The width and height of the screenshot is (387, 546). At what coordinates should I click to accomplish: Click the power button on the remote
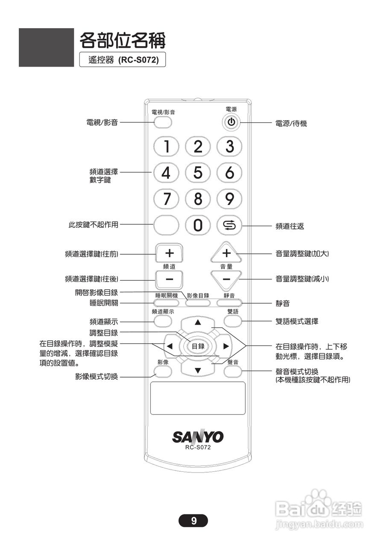pos(231,122)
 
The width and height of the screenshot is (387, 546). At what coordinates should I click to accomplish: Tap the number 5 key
pos(198,173)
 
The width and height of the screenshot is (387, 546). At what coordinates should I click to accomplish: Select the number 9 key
pos(229,198)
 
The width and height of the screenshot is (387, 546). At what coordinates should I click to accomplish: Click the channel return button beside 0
pos(229,225)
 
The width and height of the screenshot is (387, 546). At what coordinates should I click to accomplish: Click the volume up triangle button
pos(226,253)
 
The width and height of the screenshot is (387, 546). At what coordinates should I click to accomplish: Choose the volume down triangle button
pos(226,278)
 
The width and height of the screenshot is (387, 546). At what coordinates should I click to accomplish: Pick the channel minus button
pos(169,279)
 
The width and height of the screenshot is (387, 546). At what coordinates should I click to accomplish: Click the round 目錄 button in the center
pos(197,346)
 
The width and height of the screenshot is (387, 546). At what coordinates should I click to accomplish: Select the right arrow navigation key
pos(226,346)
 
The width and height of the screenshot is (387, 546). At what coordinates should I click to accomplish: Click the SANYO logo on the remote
pos(198,436)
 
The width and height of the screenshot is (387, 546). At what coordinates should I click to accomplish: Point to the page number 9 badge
pos(193,520)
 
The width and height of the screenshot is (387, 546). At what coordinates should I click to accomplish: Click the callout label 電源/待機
pos(291,124)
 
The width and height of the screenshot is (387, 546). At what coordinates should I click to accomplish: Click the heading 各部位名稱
pos(122,41)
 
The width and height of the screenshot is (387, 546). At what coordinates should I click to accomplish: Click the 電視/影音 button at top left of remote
pos(163,122)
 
